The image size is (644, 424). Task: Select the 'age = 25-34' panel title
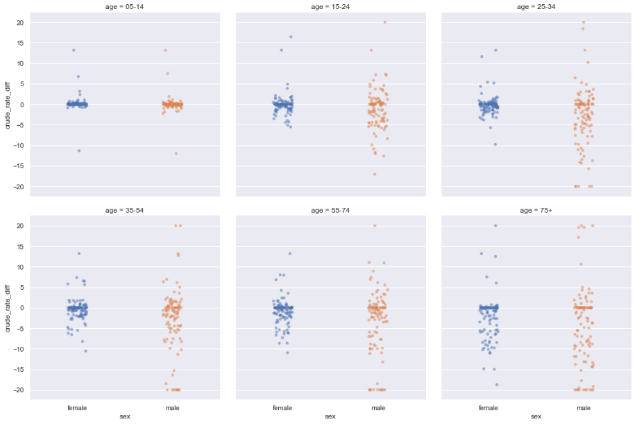click(x=536, y=7)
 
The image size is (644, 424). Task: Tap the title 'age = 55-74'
click(x=330, y=210)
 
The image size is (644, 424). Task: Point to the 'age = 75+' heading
click(x=536, y=210)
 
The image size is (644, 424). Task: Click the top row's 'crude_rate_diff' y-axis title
click(x=8, y=104)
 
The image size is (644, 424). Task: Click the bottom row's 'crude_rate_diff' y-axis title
click(x=8, y=308)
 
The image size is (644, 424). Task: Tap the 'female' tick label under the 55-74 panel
click(x=283, y=407)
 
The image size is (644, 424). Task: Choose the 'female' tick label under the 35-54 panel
click(x=77, y=407)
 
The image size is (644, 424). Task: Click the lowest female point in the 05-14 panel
click(x=79, y=151)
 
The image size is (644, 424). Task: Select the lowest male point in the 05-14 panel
click(x=176, y=154)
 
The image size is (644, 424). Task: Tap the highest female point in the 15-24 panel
click(x=291, y=37)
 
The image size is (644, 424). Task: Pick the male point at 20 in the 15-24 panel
click(x=385, y=22)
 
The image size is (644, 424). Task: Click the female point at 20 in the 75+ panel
click(x=495, y=226)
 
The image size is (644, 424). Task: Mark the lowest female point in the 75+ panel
click(x=497, y=384)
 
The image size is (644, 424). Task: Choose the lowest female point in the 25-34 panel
click(x=495, y=145)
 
